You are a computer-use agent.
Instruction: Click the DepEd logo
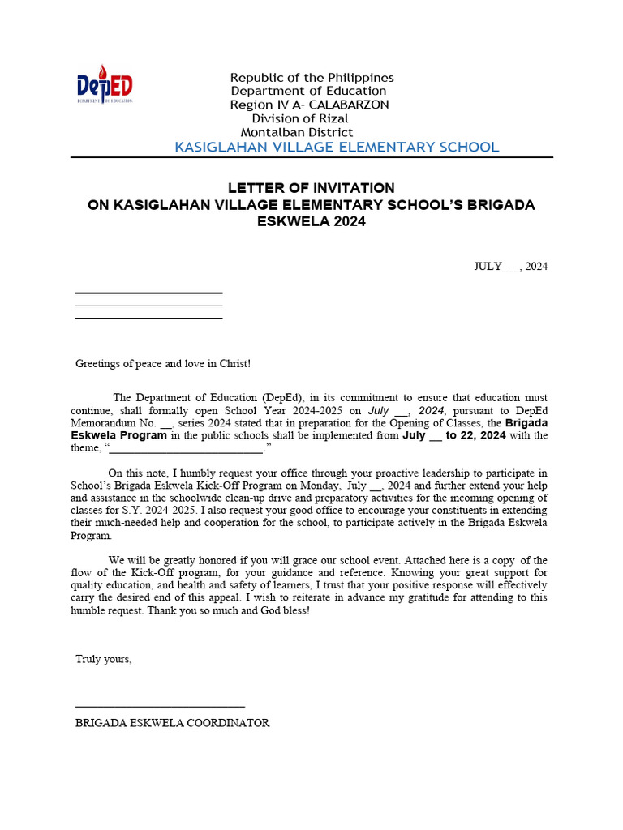(104, 84)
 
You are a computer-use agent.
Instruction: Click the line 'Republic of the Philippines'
(312, 78)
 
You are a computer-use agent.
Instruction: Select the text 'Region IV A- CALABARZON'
(309, 105)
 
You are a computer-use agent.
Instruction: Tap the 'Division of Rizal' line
(299, 118)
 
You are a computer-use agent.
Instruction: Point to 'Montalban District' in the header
(297, 132)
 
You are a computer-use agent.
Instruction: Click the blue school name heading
(337, 147)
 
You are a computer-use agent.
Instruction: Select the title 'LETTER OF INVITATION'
(311, 188)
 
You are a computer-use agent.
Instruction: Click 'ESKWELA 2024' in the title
(311, 221)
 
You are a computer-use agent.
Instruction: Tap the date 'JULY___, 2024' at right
(510, 267)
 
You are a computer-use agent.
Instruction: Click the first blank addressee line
(148, 293)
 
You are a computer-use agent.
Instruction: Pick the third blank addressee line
(148, 318)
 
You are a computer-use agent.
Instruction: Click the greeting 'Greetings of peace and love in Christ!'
(163, 364)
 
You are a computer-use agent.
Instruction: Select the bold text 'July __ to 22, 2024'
(453, 435)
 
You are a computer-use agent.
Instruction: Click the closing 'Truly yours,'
(103, 659)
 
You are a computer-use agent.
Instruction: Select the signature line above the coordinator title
(160, 707)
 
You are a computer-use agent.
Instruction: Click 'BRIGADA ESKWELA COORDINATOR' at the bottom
(172, 723)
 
